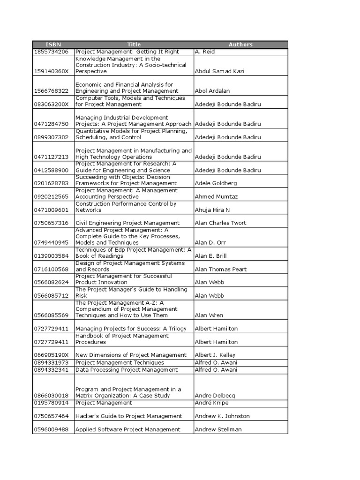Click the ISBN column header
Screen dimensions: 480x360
[53, 45]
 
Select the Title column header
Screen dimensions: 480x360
[134, 45]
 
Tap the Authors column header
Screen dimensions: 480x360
[240, 45]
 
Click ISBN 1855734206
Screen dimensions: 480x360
[51, 52]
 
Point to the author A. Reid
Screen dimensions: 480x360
[205, 52]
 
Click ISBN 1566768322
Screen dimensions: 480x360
[51, 91]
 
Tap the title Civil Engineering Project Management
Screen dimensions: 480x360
[127, 223]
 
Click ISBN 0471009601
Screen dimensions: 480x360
[51, 210]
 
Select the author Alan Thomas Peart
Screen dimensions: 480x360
[220, 269]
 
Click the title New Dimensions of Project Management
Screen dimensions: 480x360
[131, 355]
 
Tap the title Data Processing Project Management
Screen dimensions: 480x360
[127, 370]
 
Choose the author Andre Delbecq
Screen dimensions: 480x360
[215, 396]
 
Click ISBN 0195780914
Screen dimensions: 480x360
[51, 403]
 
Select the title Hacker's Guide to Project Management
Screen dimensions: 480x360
[129, 416]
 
